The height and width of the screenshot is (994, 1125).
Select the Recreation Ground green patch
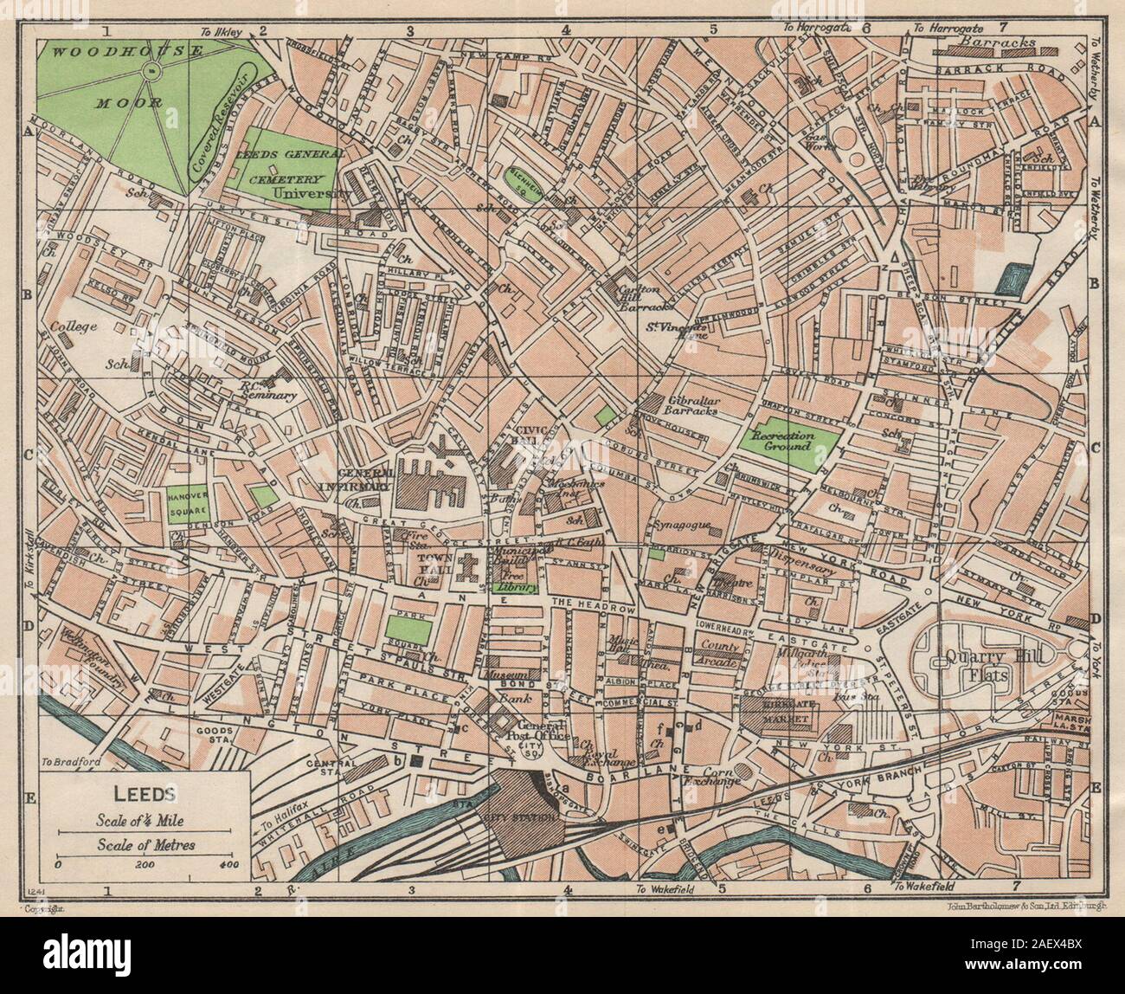tap(787, 441)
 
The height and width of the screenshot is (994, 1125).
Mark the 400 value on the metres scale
tap(228, 863)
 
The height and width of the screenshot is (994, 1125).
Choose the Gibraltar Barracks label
tap(692, 407)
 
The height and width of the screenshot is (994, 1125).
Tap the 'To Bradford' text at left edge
tap(65, 762)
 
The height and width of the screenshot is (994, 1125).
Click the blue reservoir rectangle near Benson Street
tap(1007, 280)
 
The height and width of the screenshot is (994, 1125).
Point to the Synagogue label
tap(684, 524)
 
